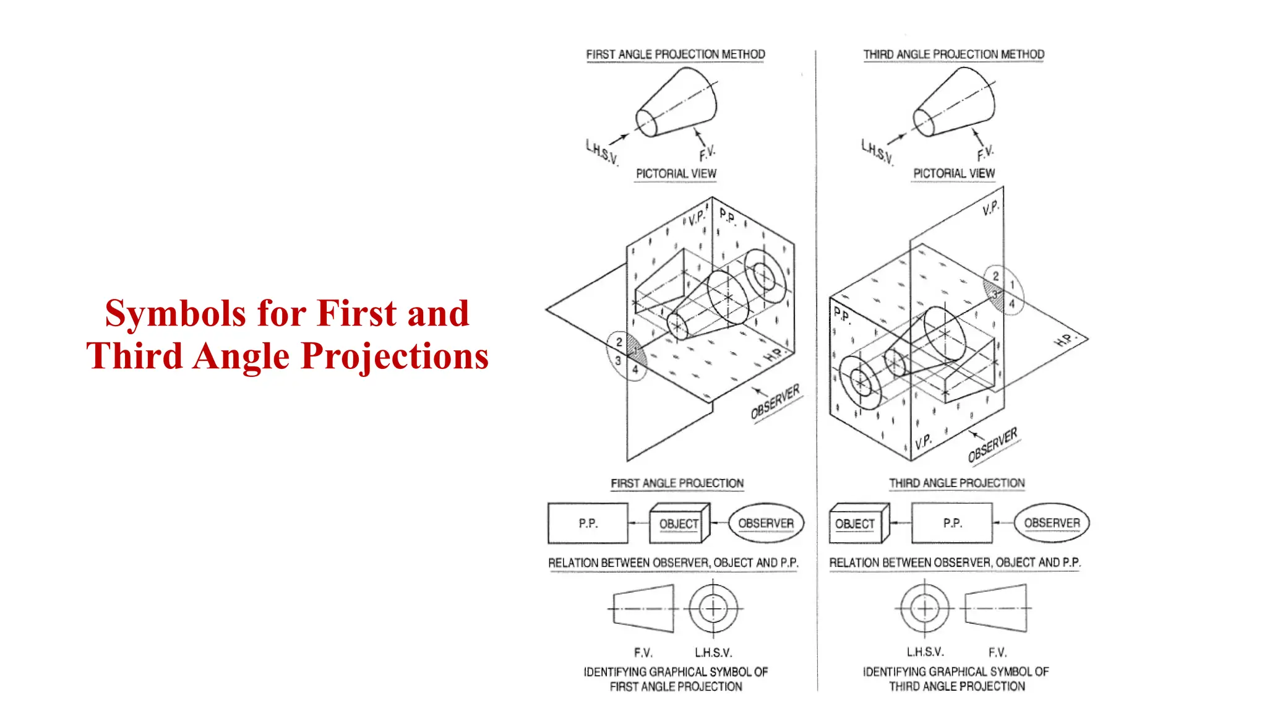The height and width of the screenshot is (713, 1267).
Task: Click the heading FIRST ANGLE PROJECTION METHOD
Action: [675, 54]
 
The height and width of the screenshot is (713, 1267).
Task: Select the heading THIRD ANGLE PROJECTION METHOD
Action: [953, 54]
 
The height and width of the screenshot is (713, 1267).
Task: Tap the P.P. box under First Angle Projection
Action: [588, 524]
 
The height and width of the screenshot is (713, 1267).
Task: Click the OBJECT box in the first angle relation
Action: [678, 524]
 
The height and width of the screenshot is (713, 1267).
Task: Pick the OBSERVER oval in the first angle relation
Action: [766, 523]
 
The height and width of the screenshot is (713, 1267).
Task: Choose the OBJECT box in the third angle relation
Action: [855, 524]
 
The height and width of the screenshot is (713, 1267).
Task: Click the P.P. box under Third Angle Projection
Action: [952, 523]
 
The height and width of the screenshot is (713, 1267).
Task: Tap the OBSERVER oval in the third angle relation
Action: [1052, 523]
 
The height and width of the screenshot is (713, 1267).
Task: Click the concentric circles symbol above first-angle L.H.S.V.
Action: [713, 608]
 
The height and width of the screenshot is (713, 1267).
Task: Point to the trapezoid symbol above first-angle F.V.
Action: [643, 610]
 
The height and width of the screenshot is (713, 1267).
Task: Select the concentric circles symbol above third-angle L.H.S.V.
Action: [925, 608]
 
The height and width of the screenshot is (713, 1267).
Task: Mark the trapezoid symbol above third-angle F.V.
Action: [995, 608]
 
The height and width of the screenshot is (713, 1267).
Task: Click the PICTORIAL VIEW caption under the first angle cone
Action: [676, 174]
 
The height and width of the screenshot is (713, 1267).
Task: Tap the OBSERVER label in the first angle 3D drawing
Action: [775, 401]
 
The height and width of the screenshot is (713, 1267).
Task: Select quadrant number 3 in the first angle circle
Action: [617, 360]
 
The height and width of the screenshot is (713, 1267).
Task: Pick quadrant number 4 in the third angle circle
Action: [1012, 304]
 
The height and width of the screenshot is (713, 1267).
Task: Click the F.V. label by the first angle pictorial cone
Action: [707, 153]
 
